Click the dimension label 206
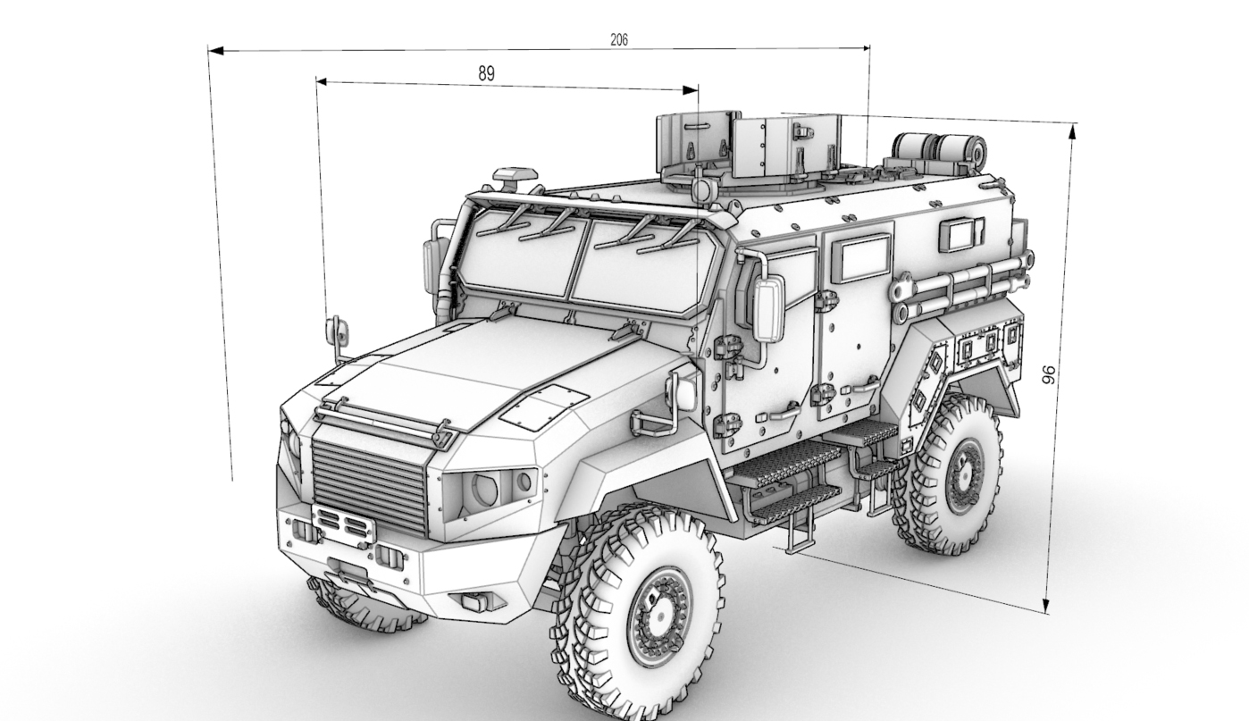click(619, 39)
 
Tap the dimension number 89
click(486, 73)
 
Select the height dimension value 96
click(1049, 374)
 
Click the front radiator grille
click(370, 482)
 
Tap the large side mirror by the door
click(769, 309)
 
